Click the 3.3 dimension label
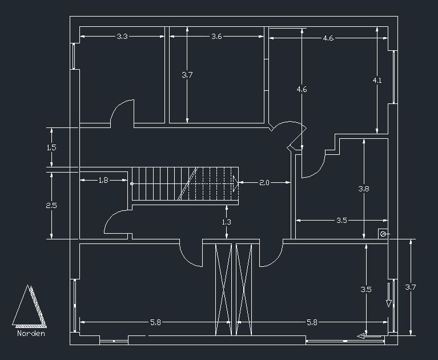coord(122,37)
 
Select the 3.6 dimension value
coord(216,37)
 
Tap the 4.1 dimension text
coord(377,81)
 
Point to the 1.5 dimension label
coord(51,147)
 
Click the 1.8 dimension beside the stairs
coord(103,181)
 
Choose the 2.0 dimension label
coord(264,183)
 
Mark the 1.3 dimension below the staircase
coord(227,222)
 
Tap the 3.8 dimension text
coord(364,189)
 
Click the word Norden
coord(31,333)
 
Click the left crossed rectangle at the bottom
coord(223,290)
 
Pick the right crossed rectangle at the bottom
coord(244,290)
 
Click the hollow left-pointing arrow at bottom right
coord(362,336)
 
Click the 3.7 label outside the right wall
coord(410,287)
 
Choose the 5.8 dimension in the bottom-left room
coord(155,322)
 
